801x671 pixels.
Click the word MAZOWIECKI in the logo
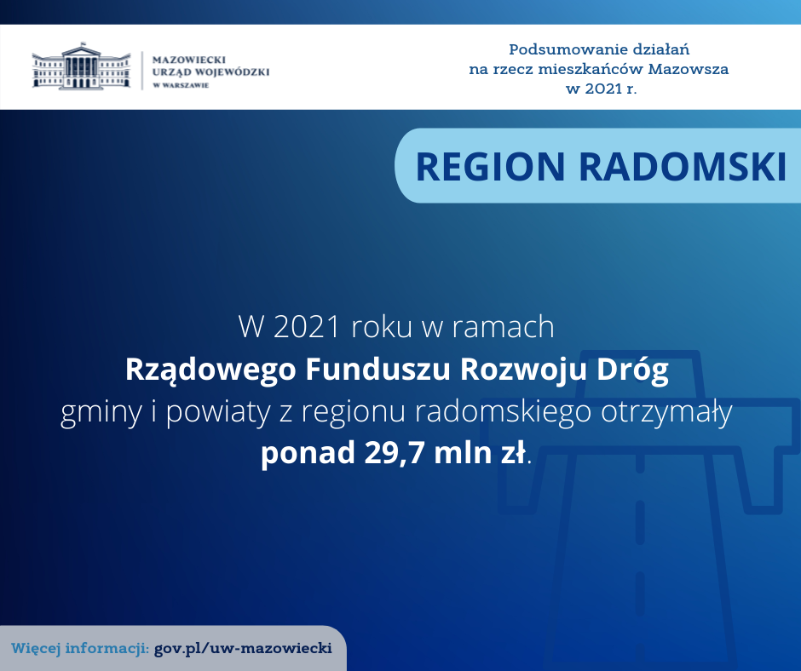tap(189, 60)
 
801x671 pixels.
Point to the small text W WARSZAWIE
tap(181, 85)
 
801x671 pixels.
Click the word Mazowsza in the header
tap(689, 69)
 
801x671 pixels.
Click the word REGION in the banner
tap(491, 167)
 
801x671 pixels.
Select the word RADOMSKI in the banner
tap(683, 167)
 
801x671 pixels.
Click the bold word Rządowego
tap(210, 370)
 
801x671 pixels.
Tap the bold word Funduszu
tap(377, 369)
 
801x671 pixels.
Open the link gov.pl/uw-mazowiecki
tap(243, 649)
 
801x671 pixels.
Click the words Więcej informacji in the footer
tap(80, 649)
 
